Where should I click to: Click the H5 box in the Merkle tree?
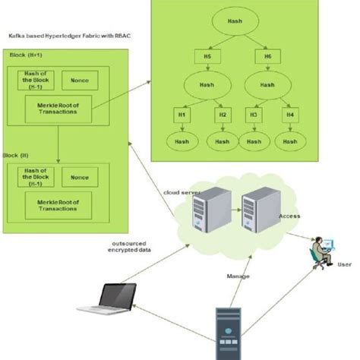coord(207,55)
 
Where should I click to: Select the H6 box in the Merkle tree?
coord(267,55)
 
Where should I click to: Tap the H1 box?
coord(181,114)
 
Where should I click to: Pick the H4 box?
coord(289,114)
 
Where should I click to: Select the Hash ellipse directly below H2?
coord(223,141)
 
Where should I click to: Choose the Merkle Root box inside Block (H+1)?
coord(58,107)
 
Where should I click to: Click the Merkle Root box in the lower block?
coord(58,202)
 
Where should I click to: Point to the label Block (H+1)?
coord(25,56)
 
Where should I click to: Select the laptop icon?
coord(109,298)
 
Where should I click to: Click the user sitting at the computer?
coord(321,251)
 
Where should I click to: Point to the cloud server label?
coord(182,194)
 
